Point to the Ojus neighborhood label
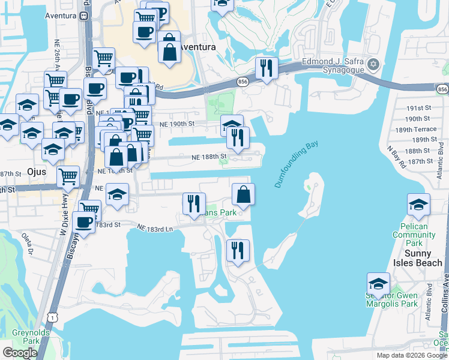tap(37, 171)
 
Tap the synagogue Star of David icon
tap(373, 64)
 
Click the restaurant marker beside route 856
tap(266, 68)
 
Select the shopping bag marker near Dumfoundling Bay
tap(243, 195)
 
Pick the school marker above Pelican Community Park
tap(418, 205)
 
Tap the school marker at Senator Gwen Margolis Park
tap(378, 284)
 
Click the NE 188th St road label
tap(209, 157)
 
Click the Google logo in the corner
tap(20, 353)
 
